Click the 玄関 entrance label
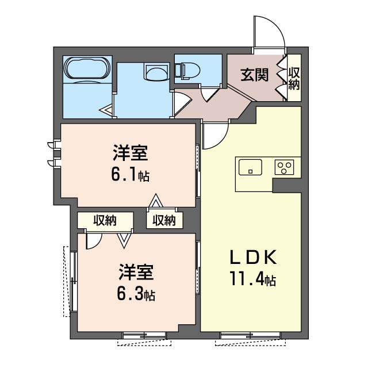pyautogui.click(x=254, y=75)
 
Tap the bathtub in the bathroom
pyautogui.click(x=87, y=70)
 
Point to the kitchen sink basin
pyautogui.click(x=251, y=167)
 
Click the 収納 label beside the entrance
pyautogui.click(x=293, y=79)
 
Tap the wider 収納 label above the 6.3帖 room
pyautogui.click(x=105, y=220)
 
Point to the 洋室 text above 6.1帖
pyautogui.click(x=130, y=154)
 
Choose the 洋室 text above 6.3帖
pyautogui.click(x=136, y=271)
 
